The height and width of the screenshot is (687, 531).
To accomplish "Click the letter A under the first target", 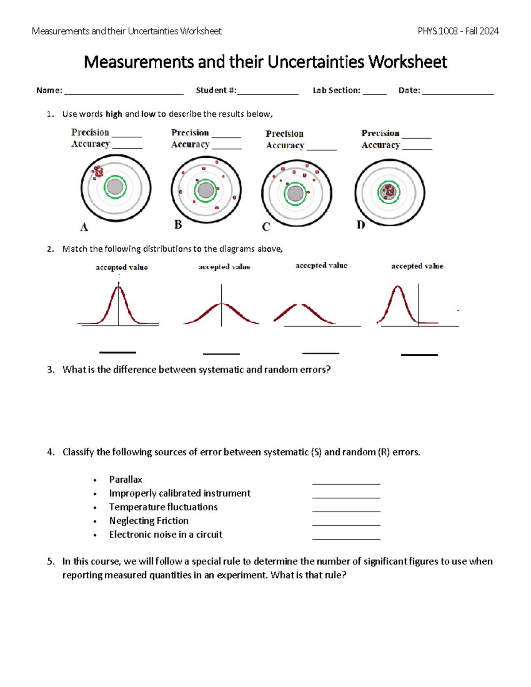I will (84, 227).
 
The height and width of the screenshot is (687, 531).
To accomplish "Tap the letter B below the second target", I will (178, 225).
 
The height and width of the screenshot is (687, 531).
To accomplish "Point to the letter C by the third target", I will (266, 227).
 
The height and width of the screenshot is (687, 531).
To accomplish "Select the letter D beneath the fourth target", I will (361, 225).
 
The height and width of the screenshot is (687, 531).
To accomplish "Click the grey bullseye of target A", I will (115, 187).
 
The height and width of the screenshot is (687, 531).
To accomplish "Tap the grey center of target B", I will (206, 190).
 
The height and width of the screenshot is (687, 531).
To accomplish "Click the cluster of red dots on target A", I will (97, 172).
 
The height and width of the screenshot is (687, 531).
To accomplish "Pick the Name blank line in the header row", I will (124, 93).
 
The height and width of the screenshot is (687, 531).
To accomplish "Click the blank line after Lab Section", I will (374, 93).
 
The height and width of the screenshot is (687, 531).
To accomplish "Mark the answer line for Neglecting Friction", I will (346, 525).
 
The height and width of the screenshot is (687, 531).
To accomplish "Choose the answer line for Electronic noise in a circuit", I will (346, 538).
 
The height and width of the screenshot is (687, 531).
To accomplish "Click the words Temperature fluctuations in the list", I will (163, 507).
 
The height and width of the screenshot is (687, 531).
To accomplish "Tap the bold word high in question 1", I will (114, 114).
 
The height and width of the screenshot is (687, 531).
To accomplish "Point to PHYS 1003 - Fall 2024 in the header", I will (458, 31).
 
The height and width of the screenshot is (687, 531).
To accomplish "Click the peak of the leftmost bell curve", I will (118, 288).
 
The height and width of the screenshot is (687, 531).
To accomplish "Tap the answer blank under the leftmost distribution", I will (118, 352).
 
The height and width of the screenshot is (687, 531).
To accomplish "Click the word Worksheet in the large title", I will (408, 62).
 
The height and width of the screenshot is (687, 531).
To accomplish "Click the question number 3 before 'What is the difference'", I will (50, 370).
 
